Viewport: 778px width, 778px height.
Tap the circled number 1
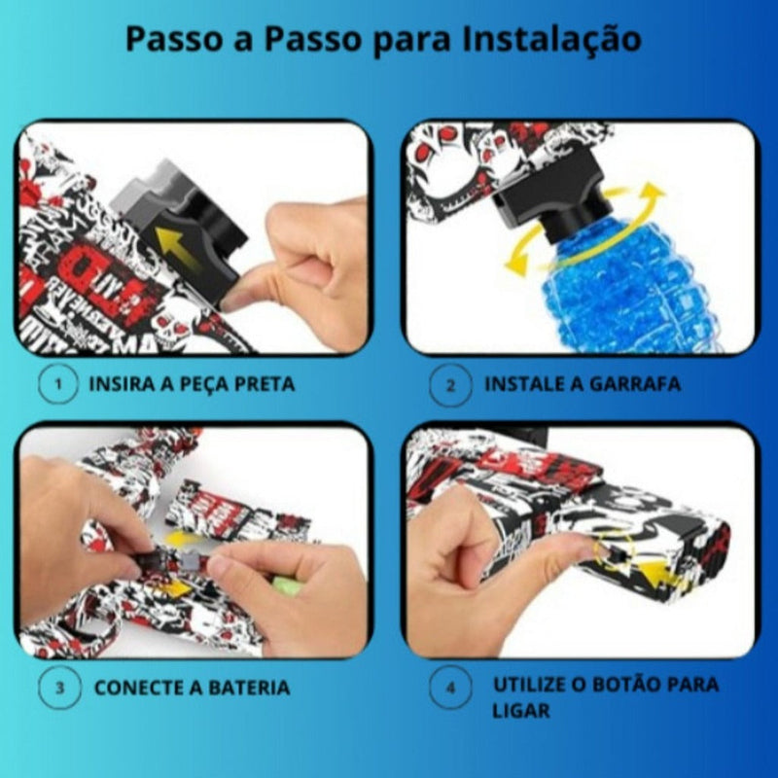(x=59, y=384)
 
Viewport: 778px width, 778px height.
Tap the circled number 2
(x=450, y=384)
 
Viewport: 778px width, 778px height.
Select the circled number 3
(x=59, y=688)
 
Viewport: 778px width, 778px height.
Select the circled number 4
(x=450, y=688)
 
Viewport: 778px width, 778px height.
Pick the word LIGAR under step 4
(x=521, y=710)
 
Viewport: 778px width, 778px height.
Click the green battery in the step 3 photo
(x=286, y=584)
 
